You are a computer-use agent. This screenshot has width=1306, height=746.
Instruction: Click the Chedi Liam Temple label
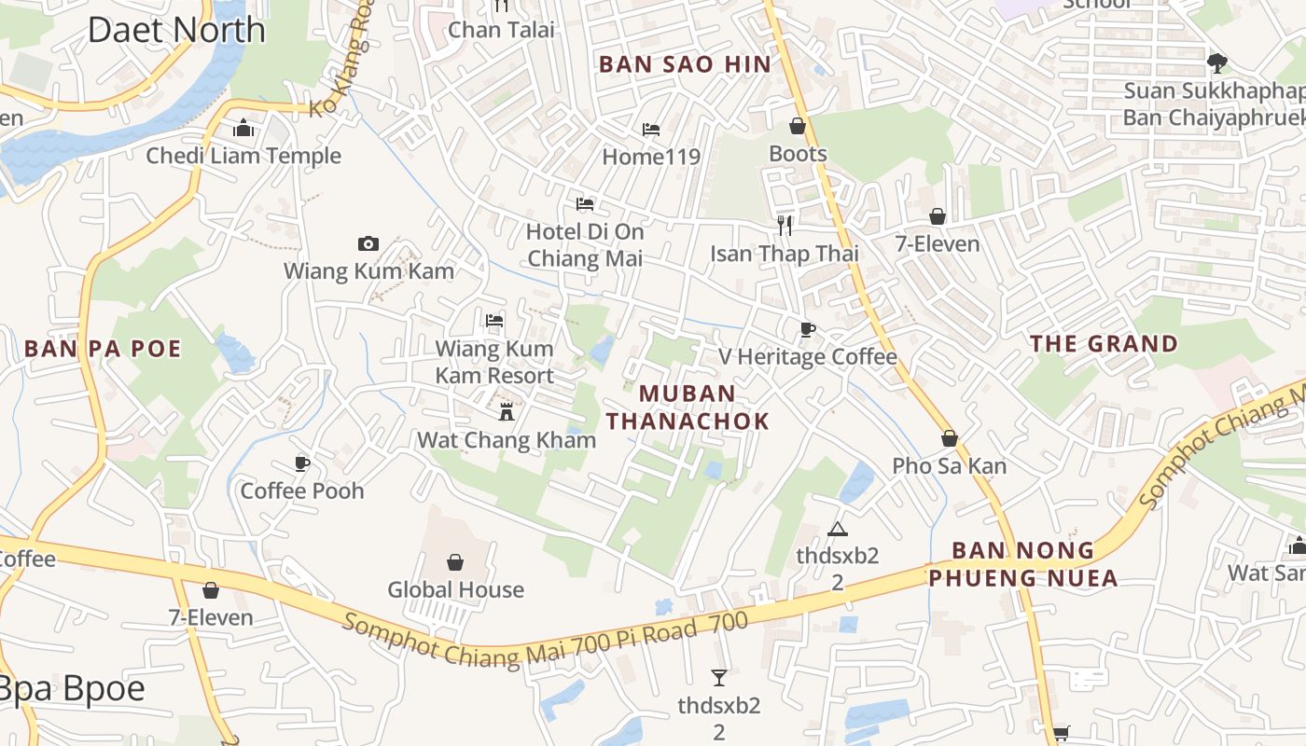(243, 156)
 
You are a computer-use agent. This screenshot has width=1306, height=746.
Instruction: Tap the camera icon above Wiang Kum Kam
(368, 244)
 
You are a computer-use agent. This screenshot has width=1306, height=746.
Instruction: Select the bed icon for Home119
(650, 129)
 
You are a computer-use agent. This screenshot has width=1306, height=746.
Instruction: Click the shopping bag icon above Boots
(798, 126)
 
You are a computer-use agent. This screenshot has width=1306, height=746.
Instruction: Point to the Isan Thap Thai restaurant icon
(785, 225)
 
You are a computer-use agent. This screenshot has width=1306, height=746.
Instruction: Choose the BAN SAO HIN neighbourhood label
(685, 64)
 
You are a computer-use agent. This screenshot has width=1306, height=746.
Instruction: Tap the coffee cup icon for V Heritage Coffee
(807, 329)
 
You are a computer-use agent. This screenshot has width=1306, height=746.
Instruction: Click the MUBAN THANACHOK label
(688, 408)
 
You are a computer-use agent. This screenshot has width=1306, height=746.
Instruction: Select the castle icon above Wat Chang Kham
(507, 411)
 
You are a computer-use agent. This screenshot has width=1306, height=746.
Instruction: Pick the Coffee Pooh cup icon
(302, 463)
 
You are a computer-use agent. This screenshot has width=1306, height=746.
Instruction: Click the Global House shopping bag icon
(455, 562)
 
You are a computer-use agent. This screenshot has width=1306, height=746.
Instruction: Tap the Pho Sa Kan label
(949, 465)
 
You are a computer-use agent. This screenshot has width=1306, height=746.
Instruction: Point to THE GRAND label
(1104, 344)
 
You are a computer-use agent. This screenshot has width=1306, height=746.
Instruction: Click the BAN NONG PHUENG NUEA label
(1023, 564)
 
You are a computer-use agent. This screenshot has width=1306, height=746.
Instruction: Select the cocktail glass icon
(719, 678)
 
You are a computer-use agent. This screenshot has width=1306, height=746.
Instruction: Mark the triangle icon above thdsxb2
(837, 530)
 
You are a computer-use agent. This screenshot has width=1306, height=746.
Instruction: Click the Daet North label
(176, 30)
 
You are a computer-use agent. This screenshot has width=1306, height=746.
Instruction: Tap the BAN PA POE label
(103, 349)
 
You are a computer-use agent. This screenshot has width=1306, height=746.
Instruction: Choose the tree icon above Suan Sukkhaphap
(1216, 63)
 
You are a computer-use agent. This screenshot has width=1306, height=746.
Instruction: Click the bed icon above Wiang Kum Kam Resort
(494, 321)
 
